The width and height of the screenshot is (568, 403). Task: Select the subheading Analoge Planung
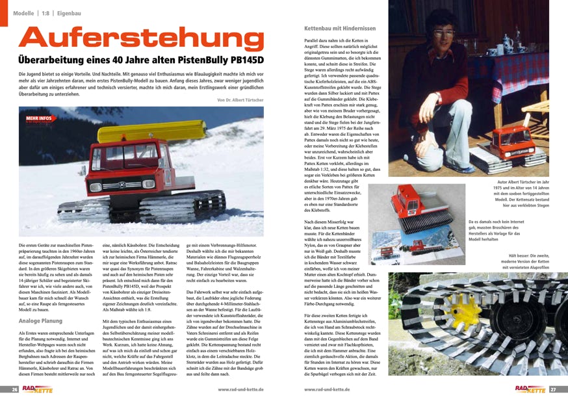point(41,320)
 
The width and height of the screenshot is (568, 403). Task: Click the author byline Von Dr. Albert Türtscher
point(240,99)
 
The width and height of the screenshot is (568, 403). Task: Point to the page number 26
point(13,389)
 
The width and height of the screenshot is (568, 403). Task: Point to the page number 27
point(554,389)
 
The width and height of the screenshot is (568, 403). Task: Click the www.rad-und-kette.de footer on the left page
point(240,389)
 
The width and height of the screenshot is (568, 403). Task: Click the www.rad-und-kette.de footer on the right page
point(328,389)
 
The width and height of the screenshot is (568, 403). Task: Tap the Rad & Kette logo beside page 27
point(530,389)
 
